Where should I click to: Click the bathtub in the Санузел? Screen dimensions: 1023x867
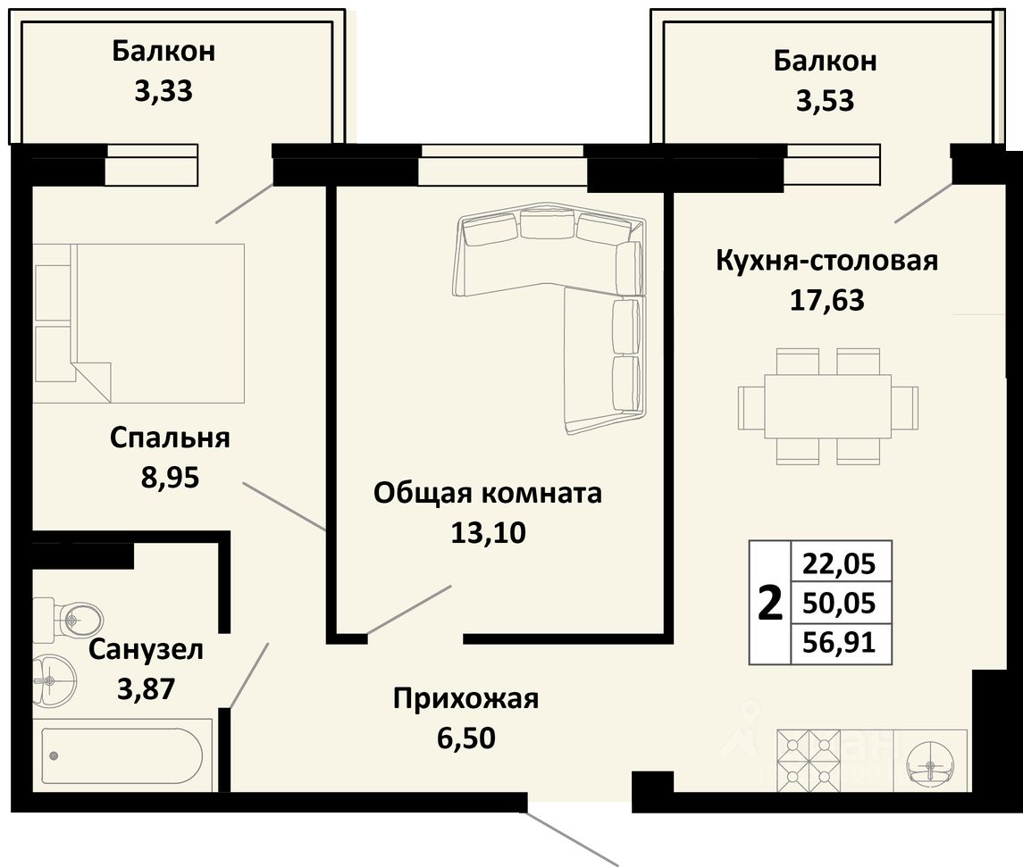tap(122, 755)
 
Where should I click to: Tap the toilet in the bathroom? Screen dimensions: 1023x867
tap(69, 615)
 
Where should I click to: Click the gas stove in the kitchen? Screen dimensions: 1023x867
tap(809, 761)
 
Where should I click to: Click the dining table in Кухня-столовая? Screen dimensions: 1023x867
tap(828, 406)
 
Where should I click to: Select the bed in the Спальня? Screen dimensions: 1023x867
tap(138, 323)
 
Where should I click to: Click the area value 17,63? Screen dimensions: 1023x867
tap(827, 301)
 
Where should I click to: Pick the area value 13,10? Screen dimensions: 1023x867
tap(488, 533)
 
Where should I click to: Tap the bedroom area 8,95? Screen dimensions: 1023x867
tap(170, 478)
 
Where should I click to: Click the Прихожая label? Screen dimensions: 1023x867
tap(465, 699)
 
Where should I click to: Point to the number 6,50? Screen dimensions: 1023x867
tap(465, 738)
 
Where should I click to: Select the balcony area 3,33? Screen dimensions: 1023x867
tap(164, 91)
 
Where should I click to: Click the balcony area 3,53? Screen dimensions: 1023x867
tap(825, 101)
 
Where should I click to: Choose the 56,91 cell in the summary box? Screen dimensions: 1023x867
tap(838, 644)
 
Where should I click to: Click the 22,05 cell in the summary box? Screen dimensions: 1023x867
tap(838, 564)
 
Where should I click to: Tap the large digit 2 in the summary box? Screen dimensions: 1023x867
tap(770, 604)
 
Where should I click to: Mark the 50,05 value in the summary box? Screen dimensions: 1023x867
tap(838, 604)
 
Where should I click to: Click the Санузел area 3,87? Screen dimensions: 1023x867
tap(147, 689)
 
